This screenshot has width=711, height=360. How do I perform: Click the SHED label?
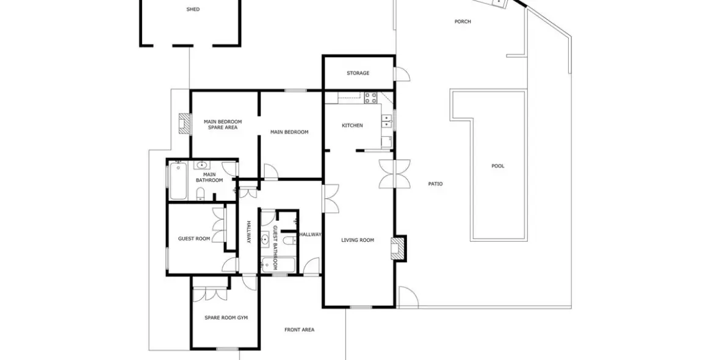pyautogui.click(x=193, y=10)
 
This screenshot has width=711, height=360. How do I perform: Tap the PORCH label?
pyautogui.click(x=463, y=22)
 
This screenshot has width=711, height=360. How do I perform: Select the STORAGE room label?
pyautogui.click(x=358, y=73)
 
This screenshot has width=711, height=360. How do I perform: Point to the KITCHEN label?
pyautogui.click(x=352, y=126)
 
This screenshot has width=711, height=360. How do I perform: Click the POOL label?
pyautogui.click(x=498, y=166)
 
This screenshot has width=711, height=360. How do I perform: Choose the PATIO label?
pyautogui.click(x=435, y=184)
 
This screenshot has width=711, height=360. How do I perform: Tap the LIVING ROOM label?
pyautogui.click(x=358, y=240)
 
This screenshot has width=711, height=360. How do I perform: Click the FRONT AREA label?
pyautogui.click(x=299, y=330)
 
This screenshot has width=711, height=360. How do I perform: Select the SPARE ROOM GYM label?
pyautogui.click(x=226, y=317)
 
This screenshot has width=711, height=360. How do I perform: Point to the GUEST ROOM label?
pyautogui.click(x=194, y=239)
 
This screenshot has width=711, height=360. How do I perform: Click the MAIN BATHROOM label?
pyautogui.click(x=209, y=178)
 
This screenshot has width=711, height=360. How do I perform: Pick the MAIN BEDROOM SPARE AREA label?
pyautogui.click(x=223, y=124)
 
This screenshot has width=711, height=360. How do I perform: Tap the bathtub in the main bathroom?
pyautogui.click(x=178, y=181)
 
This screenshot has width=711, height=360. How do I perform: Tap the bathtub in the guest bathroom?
pyautogui.click(x=278, y=265)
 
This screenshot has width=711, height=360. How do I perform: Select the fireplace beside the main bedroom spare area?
pyautogui.click(x=183, y=124)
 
